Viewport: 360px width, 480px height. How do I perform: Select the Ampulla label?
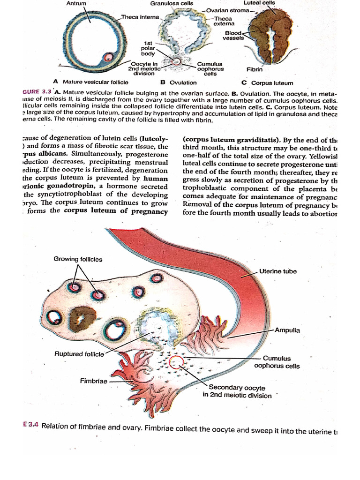[287, 330]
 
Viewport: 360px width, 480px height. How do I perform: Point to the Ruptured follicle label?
[79, 354]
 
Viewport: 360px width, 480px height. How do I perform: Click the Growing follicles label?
[78, 259]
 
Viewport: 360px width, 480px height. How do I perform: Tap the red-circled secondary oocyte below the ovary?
[176, 362]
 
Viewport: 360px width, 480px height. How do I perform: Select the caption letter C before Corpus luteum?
[245, 82]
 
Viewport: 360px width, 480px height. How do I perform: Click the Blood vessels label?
[233, 36]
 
